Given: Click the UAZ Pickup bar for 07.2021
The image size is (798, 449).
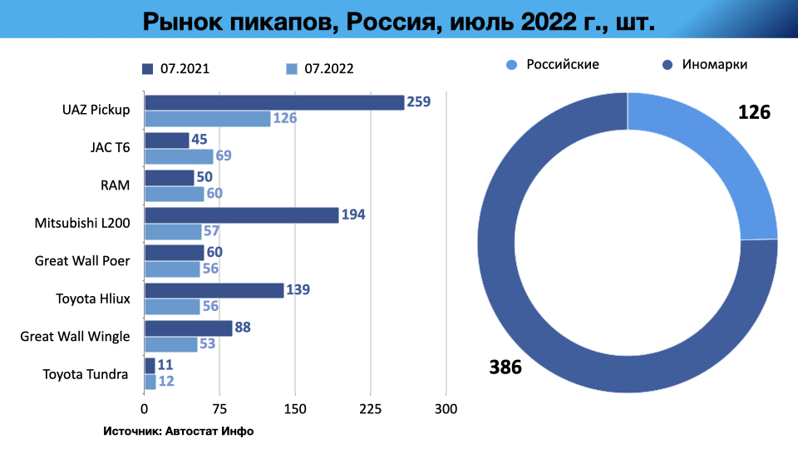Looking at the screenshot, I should click(x=274, y=102).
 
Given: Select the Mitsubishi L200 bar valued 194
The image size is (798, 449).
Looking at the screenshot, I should click(x=241, y=215).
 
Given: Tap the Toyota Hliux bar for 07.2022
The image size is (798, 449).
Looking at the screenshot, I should click(x=172, y=307).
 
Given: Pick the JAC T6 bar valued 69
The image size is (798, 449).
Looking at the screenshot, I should click(x=179, y=156).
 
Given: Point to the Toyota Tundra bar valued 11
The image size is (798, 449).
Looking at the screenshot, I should click(x=150, y=365).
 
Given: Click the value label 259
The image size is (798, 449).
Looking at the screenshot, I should click(x=419, y=102).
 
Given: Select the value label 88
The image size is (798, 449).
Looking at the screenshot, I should click(x=243, y=328).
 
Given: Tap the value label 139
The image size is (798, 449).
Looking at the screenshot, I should click(x=299, y=290).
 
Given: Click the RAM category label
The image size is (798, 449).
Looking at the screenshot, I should click(x=116, y=185).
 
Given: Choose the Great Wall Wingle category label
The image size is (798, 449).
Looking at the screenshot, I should click(x=75, y=336).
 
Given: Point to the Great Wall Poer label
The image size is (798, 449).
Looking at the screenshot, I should click(x=81, y=260).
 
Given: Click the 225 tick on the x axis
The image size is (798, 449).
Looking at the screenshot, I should click(x=371, y=409).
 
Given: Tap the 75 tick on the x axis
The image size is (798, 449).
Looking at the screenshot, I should click(x=219, y=409).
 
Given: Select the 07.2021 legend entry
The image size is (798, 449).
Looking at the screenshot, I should click(x=175, y=69).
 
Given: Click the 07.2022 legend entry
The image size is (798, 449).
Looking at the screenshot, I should click(x=319, y=69).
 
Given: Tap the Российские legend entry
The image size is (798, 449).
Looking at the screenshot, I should click(x=553, y=64).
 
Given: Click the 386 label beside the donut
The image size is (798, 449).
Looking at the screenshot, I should click(x=505, y=367).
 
